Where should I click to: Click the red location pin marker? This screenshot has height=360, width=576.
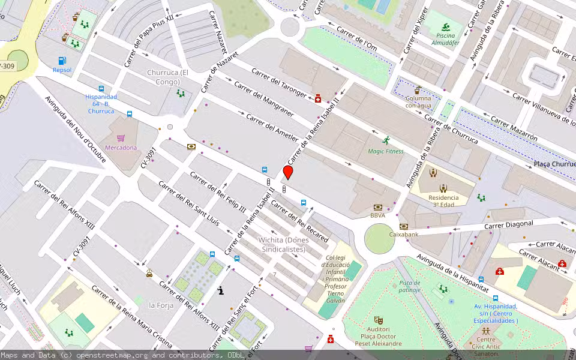tap(288, 172)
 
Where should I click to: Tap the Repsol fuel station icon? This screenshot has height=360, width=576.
tap(62, 61)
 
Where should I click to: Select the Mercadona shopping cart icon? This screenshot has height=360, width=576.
tap(121, 138)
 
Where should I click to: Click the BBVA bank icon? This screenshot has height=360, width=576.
tap(377, 206)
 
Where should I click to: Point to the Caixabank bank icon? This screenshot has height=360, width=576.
tap(403, 226)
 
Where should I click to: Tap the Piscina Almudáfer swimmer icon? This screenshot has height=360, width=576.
tap(446, 27)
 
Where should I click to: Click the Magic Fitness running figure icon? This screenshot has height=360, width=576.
tap(386, 141)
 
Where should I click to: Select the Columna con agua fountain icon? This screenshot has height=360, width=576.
tap(418, 89)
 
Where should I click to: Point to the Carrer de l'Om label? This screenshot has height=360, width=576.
tap(356, 38)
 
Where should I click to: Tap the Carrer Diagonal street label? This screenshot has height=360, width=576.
tap(509, 224)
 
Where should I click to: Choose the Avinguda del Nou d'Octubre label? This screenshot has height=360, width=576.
tap(76, 132)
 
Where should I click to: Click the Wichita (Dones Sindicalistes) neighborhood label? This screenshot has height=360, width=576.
tap(283, 245)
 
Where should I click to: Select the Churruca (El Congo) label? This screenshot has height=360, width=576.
tap(167, 77)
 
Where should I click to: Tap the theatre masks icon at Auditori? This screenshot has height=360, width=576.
tap(378, 320)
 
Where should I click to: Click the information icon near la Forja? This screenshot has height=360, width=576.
tap(221, 291)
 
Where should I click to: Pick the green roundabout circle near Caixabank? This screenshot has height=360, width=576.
tap(380, 239)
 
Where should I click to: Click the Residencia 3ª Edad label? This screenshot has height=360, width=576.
tap(443, 201)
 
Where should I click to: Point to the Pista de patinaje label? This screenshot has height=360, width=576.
tap(410, 286)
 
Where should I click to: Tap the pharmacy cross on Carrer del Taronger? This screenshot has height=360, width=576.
tap(318, 99)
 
